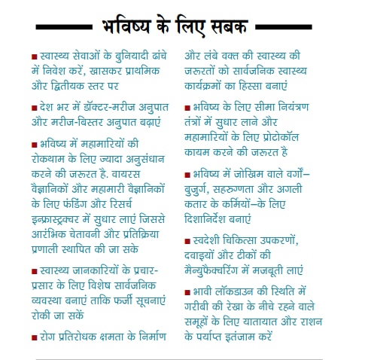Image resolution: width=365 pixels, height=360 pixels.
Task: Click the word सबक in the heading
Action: [x=226, y=29]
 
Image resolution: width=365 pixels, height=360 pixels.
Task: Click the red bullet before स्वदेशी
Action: [x=188, y=241]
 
